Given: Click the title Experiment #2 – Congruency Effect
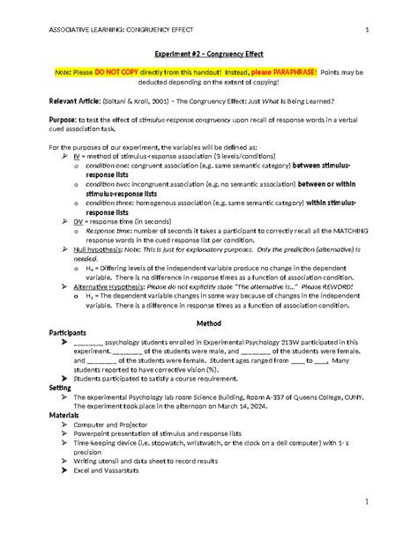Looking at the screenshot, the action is point(208,53).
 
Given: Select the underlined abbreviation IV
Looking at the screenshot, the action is point(77,154).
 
